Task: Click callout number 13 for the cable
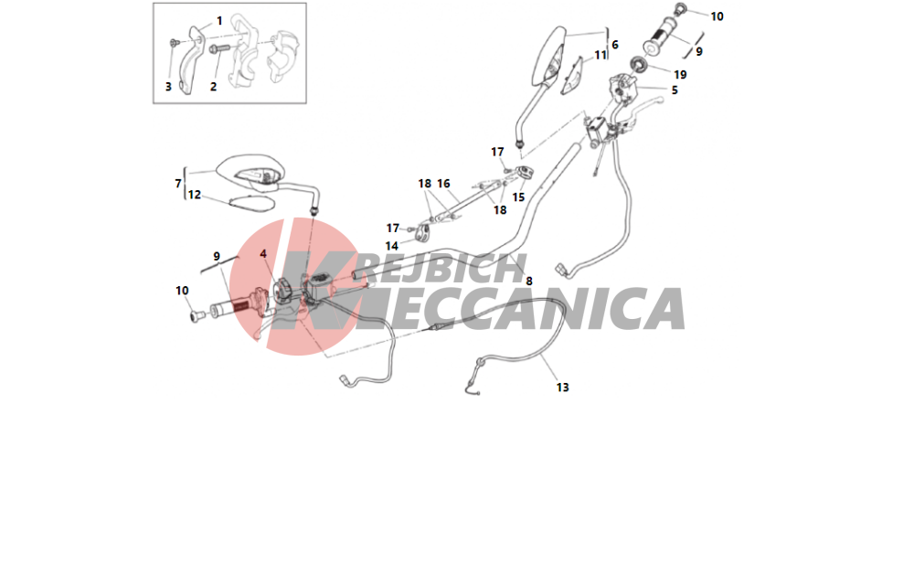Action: (562, 388)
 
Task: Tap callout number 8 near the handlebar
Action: (528, 282)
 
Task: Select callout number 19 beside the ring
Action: (680, 75)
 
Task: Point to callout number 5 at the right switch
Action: (675, 90)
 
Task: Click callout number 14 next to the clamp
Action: (392, 247)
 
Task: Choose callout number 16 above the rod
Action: (443, 184)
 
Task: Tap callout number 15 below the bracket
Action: (518, 197)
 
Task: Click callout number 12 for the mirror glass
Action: (194, 195)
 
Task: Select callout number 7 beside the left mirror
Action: (178, 184)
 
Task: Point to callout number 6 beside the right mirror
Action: (614, 45)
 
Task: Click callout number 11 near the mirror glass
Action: (600, 56)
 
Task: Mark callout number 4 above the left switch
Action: (263, 254)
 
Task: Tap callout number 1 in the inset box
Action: (219, 21)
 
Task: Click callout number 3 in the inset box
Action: (168, 87)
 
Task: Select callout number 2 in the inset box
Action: (213, 87)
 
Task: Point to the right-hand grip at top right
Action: (664, 37)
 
